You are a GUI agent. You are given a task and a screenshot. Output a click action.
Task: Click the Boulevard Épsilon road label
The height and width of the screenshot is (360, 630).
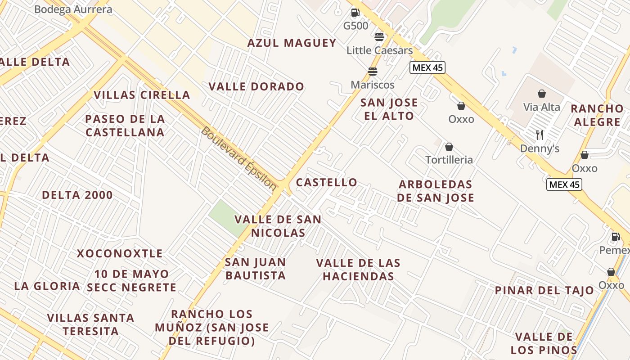pos(238,158)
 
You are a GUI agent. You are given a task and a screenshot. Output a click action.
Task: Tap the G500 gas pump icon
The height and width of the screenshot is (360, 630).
pos(355,13)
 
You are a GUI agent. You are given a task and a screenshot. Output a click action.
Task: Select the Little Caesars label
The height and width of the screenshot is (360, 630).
pos(379,50)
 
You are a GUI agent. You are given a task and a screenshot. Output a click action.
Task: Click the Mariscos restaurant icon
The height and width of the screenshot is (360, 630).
pos(372,72)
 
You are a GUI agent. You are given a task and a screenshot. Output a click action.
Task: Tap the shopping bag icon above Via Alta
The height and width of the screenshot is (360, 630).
pos(542,94)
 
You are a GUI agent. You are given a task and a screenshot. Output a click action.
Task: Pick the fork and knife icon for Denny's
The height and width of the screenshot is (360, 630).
pos(540,135)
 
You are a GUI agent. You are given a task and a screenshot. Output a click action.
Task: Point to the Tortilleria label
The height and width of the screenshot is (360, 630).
pos(449,160)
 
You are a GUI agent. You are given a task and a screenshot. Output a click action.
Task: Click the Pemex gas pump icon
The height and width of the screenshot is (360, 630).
pos(615,237)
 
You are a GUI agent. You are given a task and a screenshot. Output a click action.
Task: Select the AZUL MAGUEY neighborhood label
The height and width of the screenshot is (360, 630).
pos(292,43)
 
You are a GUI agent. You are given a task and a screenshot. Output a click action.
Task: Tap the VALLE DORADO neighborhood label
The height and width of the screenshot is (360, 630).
pos(256,87)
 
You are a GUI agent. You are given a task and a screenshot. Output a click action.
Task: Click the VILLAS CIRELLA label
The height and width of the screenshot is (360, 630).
pos(142,95)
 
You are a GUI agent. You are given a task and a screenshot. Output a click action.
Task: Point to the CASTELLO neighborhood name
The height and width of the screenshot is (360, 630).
pos(326,183)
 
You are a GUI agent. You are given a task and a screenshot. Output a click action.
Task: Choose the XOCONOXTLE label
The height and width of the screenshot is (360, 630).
pos(120,254)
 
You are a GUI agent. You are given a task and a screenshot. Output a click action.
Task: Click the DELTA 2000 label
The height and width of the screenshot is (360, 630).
pos(77,195)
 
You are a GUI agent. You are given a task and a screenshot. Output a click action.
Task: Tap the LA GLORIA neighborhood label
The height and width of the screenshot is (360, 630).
pos(47,286)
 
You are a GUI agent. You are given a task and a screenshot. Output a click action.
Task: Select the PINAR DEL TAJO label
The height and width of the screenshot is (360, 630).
pos(544,291)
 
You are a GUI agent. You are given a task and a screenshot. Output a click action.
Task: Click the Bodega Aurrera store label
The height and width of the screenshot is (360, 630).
pos(67,9)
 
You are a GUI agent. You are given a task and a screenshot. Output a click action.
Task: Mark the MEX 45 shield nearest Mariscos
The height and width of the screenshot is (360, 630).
pos(427,67)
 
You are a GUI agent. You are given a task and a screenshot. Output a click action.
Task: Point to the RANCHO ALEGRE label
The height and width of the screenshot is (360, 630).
pos(597,115)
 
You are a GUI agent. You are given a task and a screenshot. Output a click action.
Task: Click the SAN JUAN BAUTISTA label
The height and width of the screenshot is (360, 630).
pos(256,269)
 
